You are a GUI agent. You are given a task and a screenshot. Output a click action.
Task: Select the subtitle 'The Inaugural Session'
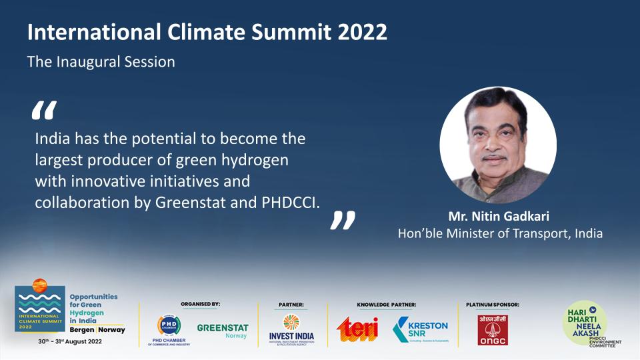pyautogui.click(x=101, y=62)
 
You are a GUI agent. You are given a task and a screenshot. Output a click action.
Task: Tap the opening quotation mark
pyautogui.click(x=44, y=111)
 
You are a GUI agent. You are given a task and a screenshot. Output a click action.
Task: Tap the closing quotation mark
pyautogui.click(x=343, y=221)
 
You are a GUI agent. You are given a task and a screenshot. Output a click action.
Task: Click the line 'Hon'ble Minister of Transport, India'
pyautogui.click(x=500, y=233)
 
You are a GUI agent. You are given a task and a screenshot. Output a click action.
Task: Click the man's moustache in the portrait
pyautogui.click(x=495, y=159)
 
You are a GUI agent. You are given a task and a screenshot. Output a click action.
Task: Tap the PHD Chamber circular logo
pyautogui.click(x=169, y=325)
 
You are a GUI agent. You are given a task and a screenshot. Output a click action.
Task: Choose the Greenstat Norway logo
pyautogui.click(x=222, y=331)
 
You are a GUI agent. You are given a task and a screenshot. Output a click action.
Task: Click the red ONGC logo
pyautogui.click(x=492, y=329)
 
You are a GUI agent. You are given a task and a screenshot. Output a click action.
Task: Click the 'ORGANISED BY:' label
pyautogui.click(x=200, y=304)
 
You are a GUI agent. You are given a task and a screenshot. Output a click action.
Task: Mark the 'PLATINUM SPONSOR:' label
pyautogui.click(x=492, y=305)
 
